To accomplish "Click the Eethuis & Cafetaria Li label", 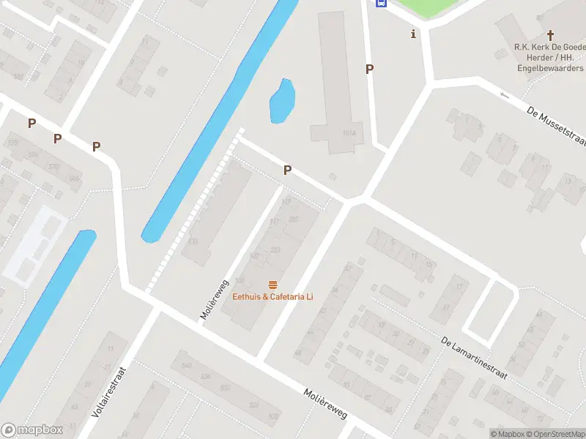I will tap(272, 296).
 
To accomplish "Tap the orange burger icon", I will tap(272, 284).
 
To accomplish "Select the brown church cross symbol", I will tap(551, 34).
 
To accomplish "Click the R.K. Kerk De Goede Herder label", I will tap(549, 48).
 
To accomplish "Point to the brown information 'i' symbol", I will tap(413, 34).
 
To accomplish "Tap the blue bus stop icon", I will tap(381, 3).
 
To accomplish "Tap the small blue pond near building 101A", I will tap(282, 100).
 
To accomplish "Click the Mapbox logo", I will tap(32, 429).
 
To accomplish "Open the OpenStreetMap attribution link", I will tap(556, 434).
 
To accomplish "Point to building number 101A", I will tap(349, 133).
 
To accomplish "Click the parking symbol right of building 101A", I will tap(370, 69).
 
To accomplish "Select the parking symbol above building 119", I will tap(288, 170).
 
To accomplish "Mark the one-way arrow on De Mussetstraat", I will tap(504, 95).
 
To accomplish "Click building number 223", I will tap(275, 249).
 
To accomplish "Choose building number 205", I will tap(293, 219).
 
